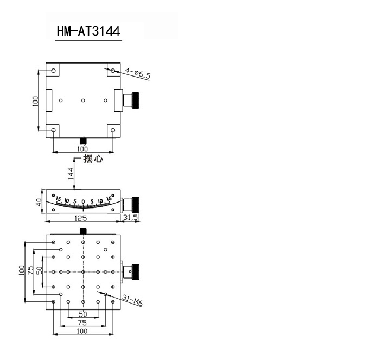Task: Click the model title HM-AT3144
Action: [88, 31]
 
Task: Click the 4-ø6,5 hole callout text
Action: [138, 73]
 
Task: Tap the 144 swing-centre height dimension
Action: [71, 174]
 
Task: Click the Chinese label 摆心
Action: [93, 159]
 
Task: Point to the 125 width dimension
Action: [80, 218]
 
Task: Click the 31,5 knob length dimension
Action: [131, 217]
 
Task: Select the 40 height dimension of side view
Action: [39, 202]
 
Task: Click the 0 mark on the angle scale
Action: [83, 201]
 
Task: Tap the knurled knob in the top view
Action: [136, 100]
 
